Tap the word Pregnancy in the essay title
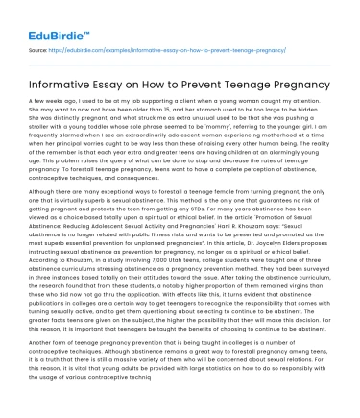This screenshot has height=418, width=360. [x=302, y=86]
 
